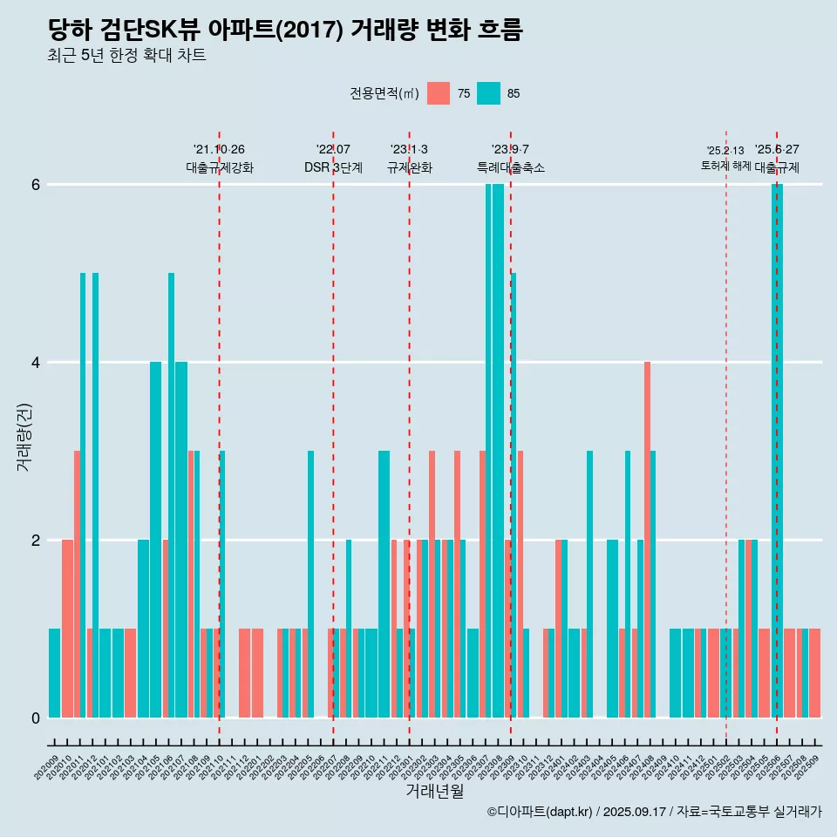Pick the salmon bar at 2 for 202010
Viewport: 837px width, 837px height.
point(67,628)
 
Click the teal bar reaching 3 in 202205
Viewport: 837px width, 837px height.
point(310,583)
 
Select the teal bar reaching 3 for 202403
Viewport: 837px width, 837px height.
point(589,583)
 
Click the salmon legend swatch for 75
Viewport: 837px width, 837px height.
point(439,93)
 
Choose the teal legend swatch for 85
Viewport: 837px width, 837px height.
point(489,93)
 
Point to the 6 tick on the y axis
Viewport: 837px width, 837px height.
point(36,185)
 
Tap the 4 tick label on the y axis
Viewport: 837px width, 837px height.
point(36,363)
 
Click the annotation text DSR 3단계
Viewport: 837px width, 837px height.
point(333,167)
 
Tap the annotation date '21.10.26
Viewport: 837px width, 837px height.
point(219,149)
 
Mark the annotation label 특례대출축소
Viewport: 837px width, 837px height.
point(510,167)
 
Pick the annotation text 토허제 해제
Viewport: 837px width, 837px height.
point(725,165)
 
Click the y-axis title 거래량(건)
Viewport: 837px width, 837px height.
point(24,436)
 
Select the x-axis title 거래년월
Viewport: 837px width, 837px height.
point(434,791)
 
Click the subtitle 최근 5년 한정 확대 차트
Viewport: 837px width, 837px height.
point(126,56)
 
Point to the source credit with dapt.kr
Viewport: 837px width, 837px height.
point(654,812)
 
